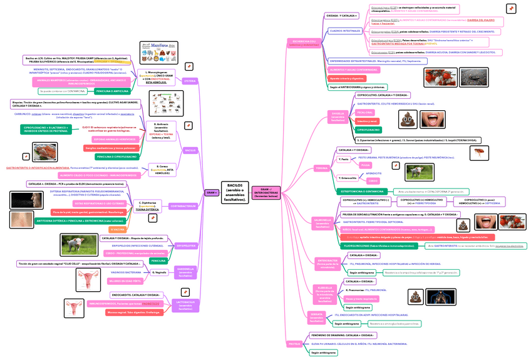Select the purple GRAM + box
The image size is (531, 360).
click(212, 192)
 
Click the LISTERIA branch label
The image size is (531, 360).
click(190, 81)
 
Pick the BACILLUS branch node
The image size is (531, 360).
click(190, 150)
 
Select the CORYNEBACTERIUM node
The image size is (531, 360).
click(182, 206)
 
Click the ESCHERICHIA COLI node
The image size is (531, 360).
click(303, 42)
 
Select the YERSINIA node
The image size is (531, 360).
click(321, 168)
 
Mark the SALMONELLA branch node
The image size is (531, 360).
click(322, 223)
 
